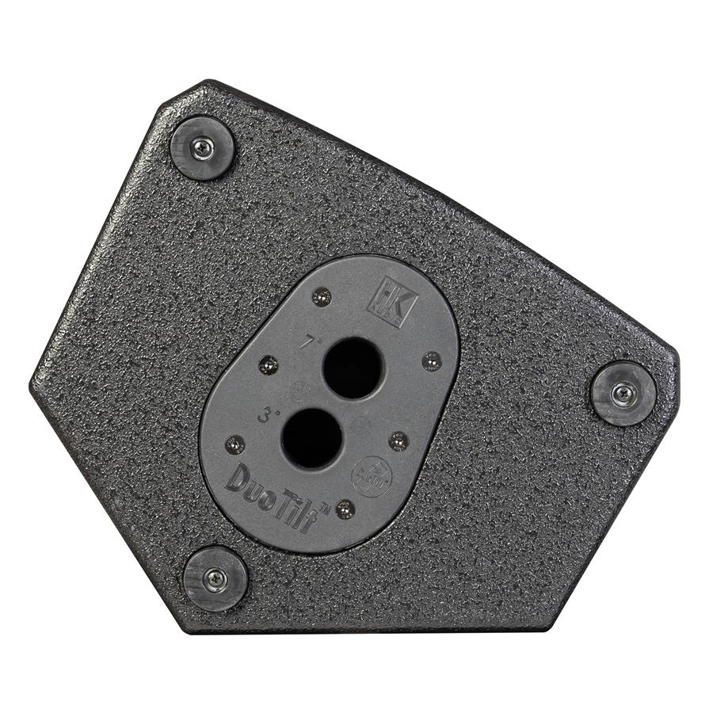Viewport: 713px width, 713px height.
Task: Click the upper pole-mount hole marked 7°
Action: [x=353, y=368]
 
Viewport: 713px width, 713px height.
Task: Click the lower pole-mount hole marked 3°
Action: [x=311, y=438]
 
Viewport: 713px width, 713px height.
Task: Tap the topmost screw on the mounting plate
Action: [x=320, y=297]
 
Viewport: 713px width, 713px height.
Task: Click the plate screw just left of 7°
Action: [x=269, y=365]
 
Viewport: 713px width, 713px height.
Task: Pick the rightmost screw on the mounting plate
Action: [x=431, y=361]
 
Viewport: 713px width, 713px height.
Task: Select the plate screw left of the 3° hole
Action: [x=235, y=444]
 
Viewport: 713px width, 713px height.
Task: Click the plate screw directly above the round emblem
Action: [x=398, y=440]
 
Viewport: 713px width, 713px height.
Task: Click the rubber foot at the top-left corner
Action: [x=202, y=148]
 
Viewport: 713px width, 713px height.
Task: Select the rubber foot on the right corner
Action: [x=623, y=393]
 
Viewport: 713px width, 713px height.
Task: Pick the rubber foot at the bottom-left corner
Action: [x=215, y=578]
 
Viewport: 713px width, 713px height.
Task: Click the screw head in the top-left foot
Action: [x=204, y=147]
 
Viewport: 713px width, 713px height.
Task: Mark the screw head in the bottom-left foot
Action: [x=215, y=578]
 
